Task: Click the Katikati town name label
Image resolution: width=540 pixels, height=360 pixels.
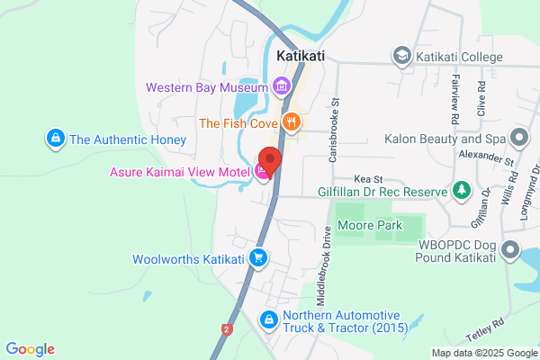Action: click(x=300, y=56)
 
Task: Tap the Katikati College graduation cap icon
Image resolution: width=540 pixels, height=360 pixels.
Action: click(x=402, y=57)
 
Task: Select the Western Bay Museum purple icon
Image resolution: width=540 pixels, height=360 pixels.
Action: click(x=282, y=87)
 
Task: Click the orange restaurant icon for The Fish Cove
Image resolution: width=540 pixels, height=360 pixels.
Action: click(x=291, y=122)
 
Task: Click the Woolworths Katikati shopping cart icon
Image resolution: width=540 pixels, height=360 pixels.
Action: click(x=259, y=258)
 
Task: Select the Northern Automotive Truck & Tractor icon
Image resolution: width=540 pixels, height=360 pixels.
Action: click(x=268, y=319)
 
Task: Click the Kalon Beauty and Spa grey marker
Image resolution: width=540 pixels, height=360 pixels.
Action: click(x=518, y=139)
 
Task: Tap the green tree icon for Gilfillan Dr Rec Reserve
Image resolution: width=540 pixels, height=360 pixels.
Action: click(x=462, y=191)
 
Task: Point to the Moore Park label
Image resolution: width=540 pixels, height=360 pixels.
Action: click(x=370, y=225)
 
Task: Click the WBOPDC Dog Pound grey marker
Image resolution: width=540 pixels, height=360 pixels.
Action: click(x=509, y=250)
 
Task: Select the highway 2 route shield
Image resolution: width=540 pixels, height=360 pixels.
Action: click(x=227, y=329)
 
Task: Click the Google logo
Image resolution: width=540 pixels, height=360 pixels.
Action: click(x=31, y=349)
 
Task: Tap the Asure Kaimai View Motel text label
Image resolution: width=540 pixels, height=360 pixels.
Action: click(x=180, y=171)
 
